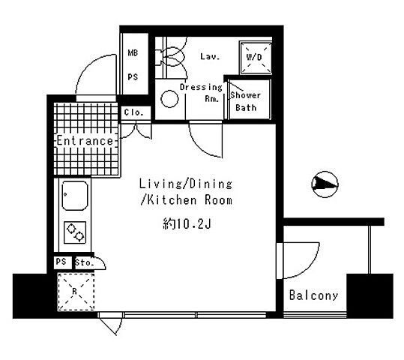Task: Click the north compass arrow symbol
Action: coord(325,184)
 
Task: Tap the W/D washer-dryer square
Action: coord(255,57)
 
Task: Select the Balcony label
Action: coord(313,295)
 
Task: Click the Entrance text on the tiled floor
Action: coord(85,141)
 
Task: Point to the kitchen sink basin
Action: coord(75,196)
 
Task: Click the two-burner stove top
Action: coord(75,232)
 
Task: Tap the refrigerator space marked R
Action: coord(76,292)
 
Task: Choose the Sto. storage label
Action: coord(85,263)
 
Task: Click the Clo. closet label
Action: coord(133,112)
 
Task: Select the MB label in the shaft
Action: coord(133,52)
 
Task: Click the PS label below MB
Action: coord(133,76)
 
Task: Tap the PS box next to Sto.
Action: coord(61,262)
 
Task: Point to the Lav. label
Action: coord(210,56)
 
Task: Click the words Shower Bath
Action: coord(246,101)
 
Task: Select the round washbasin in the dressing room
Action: coord(169,98)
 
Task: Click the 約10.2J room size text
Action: coord(187,223)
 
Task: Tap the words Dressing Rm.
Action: coord(201,93)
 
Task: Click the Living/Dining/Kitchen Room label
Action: coord(186,192)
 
